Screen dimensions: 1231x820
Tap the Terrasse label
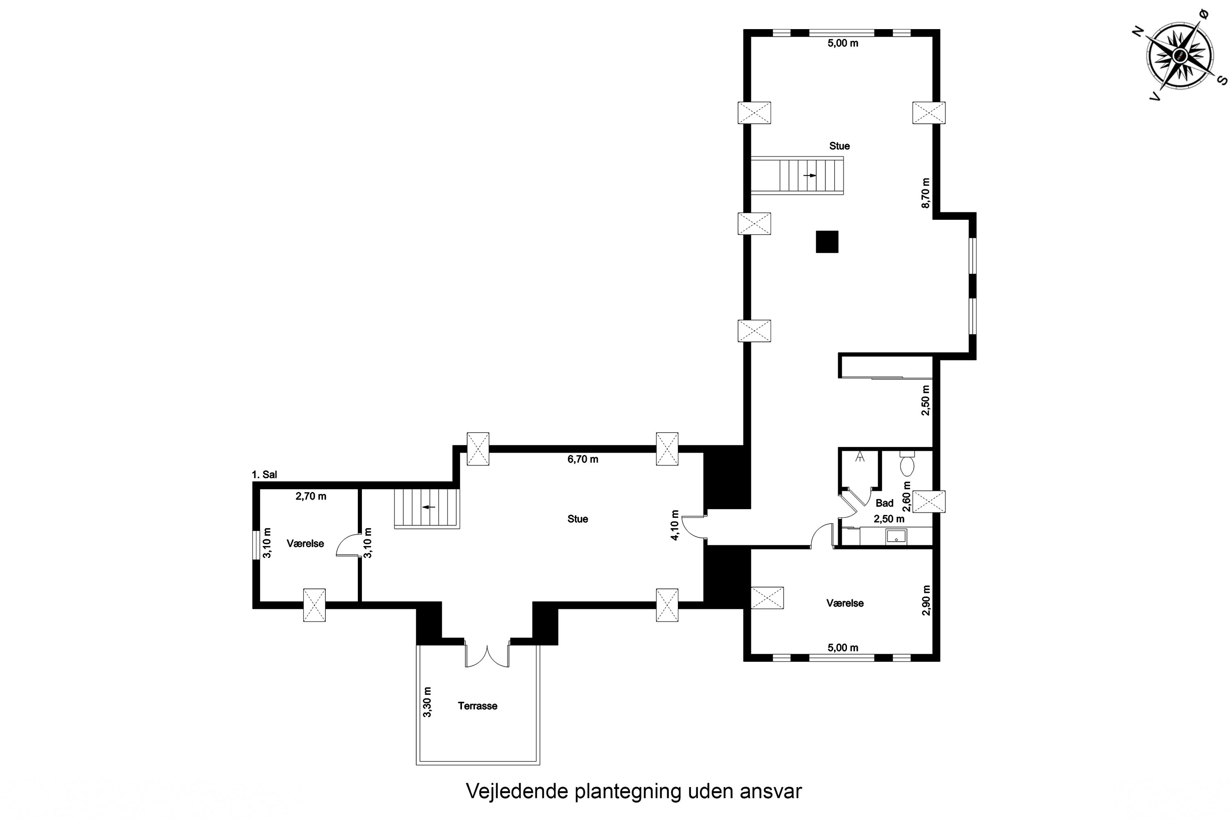[477, 706]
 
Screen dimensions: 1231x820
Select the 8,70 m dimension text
[926, 194]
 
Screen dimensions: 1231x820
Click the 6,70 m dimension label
[583, 459]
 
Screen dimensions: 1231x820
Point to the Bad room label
[885, 503]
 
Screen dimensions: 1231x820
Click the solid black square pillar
[827, 241]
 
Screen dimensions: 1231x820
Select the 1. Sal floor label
[264, 475]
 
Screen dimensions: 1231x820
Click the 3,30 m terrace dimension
[427, 702]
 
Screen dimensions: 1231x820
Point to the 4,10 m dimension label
[675, 525]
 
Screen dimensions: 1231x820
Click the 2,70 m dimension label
[311, 496]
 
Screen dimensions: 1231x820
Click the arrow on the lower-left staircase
[429, 507]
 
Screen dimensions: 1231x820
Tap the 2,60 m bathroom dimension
[907, 496]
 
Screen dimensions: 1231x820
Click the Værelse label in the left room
[305, 543]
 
